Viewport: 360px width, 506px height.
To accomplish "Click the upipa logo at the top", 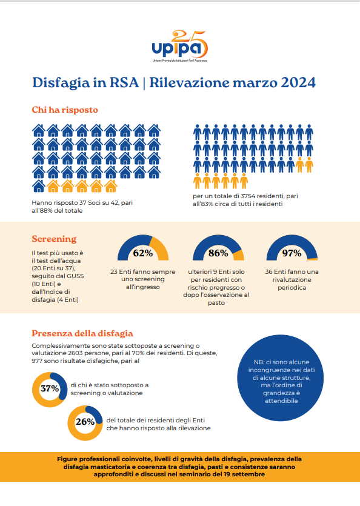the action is click(180, 46).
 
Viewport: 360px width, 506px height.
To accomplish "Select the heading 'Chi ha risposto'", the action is click(65, 110).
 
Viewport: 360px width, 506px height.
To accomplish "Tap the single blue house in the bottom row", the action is click(38, 186).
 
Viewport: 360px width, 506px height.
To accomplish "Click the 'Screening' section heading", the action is click(54, 239).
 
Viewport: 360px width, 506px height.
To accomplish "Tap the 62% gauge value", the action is click(142, 253).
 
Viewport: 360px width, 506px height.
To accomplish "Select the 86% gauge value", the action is click(218, 253).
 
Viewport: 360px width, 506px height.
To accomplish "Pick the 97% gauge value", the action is click(292, 253).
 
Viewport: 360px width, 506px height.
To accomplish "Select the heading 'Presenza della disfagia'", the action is click(82, 333).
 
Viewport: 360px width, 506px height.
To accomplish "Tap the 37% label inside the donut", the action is click(50, 388).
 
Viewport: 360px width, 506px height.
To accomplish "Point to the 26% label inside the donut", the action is click(85, 422).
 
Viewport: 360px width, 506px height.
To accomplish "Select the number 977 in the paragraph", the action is click(37, 361).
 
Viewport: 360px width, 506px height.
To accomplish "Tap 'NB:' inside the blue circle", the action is click(259, 362).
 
